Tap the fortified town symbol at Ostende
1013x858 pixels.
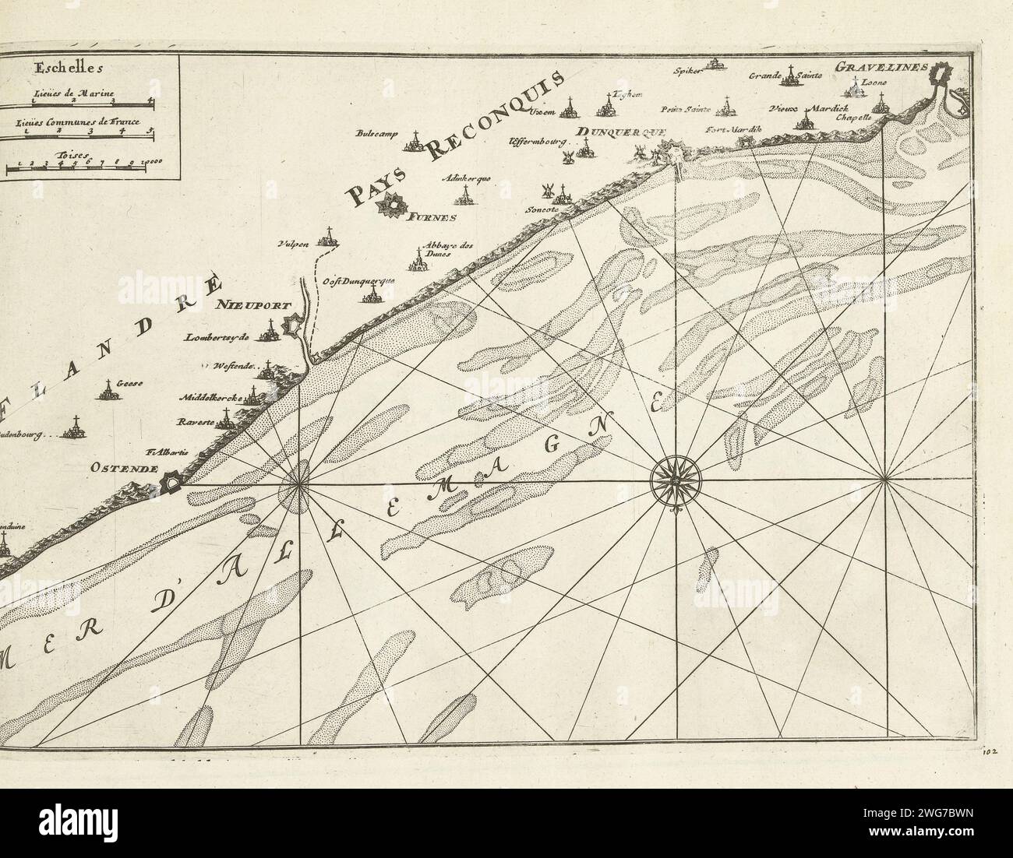170,484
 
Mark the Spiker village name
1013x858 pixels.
690,69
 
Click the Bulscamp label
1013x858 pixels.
397,133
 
